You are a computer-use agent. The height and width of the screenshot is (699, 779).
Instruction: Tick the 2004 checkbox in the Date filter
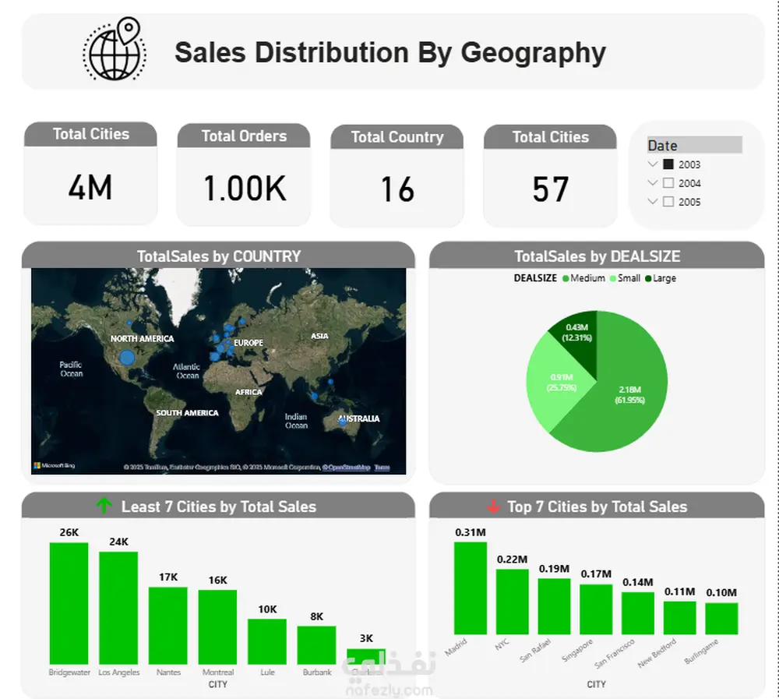coord(668,183)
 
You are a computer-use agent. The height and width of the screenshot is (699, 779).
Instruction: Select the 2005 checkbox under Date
coord(668,202)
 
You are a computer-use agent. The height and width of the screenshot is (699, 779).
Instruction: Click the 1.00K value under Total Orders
coord(244,189)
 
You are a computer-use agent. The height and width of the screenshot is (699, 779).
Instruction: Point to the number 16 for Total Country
coord(397,189)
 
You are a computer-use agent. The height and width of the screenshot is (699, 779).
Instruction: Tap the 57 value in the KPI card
coord(550,189)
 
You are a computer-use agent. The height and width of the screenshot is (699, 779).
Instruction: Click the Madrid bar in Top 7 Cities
coord(470,588)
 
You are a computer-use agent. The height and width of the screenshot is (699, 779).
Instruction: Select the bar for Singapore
coord(597,609)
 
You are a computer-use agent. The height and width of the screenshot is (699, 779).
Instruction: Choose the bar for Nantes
coord(168,625)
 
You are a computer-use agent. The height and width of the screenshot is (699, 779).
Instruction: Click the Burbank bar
coord(317,644)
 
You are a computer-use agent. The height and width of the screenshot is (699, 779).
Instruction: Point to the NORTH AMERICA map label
coord(142,339)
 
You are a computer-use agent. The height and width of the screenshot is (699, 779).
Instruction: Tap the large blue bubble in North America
coord(126,358)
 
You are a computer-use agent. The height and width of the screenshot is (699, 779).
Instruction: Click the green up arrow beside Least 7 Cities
coord(104,507)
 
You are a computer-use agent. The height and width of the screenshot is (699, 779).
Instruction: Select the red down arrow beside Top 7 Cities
coord(492,507)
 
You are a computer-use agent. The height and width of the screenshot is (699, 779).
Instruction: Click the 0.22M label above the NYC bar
coord(512,560)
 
